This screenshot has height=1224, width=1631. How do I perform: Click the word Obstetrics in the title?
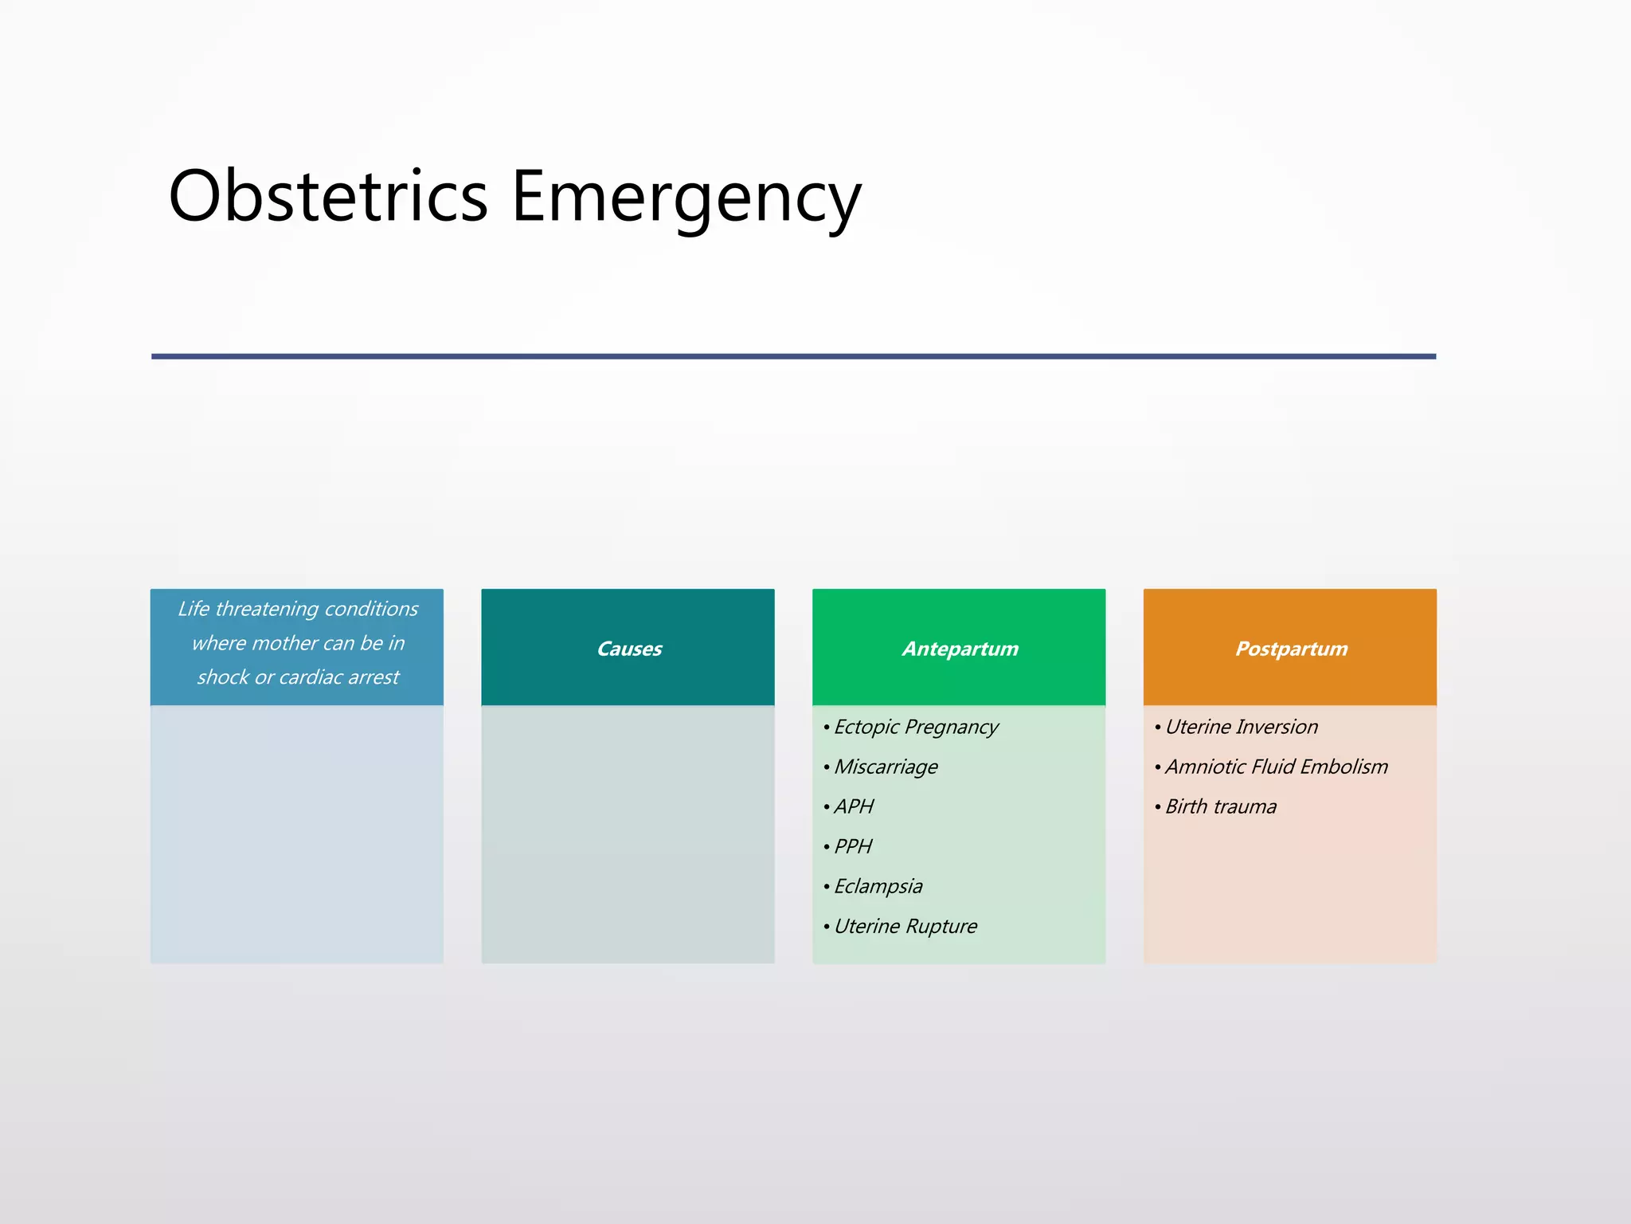(x=328, y=196)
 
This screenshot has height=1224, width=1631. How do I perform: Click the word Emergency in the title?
(x=686, y=199)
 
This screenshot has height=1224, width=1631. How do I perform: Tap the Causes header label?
(x=629, y=649)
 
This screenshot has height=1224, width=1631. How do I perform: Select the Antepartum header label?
(x=960, y=649)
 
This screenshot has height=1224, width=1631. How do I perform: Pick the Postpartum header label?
(x=1291, y=649)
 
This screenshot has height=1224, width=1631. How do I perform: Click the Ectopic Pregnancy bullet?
(x=916, y=727)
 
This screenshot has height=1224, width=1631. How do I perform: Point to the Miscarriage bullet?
(x=886, y=767)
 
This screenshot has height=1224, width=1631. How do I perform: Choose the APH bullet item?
(x=854, y=806)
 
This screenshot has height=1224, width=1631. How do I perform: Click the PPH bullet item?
(x=853, y=846)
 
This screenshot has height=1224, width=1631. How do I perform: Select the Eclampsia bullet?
(x=878, y=886)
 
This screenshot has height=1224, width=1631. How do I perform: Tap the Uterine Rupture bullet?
(x=905, y=926)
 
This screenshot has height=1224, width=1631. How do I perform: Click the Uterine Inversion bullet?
(x=1241, y=727)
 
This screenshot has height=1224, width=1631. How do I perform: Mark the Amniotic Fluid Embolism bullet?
(x=1276, y=767)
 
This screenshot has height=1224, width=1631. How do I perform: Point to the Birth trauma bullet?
(x=1220, y=806)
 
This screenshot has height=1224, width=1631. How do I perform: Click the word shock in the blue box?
(x=222, y=677)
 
